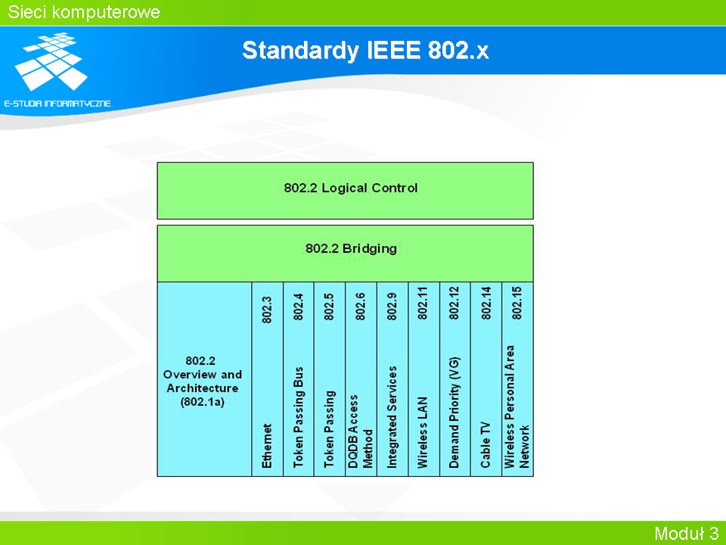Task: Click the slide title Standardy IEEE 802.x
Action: point(365,50)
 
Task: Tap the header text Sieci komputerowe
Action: point(84,12)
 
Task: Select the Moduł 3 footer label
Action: point(687,533)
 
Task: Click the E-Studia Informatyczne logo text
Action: point(57,104)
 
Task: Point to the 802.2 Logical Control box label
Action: point(350,188)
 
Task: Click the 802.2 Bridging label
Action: point(351,249)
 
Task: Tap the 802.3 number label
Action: point(267,310)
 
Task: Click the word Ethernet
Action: point(267,446)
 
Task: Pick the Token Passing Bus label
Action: point(299,417)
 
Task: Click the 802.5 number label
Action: point(329,307)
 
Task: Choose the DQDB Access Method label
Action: point(360,431)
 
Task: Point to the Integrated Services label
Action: point(392,417)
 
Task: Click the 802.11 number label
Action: point(423,303)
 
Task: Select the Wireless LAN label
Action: point(423,432)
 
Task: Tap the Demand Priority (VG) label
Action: point(455,413)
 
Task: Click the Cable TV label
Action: point(486,445)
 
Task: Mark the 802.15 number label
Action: point(517,303)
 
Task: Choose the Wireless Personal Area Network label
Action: point(517,406)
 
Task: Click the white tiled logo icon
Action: point(51,61)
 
